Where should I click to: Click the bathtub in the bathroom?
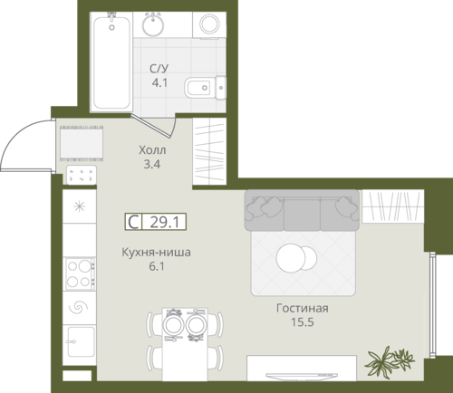[111, 62]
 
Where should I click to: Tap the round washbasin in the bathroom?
[153, 24]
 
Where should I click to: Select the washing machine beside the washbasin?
[209, 25]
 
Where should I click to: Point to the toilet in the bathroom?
[205, 88]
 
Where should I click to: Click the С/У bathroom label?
[159, 69]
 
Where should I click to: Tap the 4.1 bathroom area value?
[159, 82]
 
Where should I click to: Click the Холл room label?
[152, 150]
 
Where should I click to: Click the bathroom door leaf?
[150, 126]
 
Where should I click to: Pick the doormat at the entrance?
[82, 143]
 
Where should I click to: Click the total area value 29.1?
[165, 222]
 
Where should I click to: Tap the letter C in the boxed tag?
[133, 222]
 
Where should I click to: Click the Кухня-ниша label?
[156, 252]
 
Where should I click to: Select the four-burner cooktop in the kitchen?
[81, 273]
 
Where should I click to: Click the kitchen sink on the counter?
[81, 341]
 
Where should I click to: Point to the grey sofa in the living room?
[302, 210]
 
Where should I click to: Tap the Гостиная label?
[303, 308]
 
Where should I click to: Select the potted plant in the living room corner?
[390, 361]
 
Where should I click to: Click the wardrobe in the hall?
[209, 151]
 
